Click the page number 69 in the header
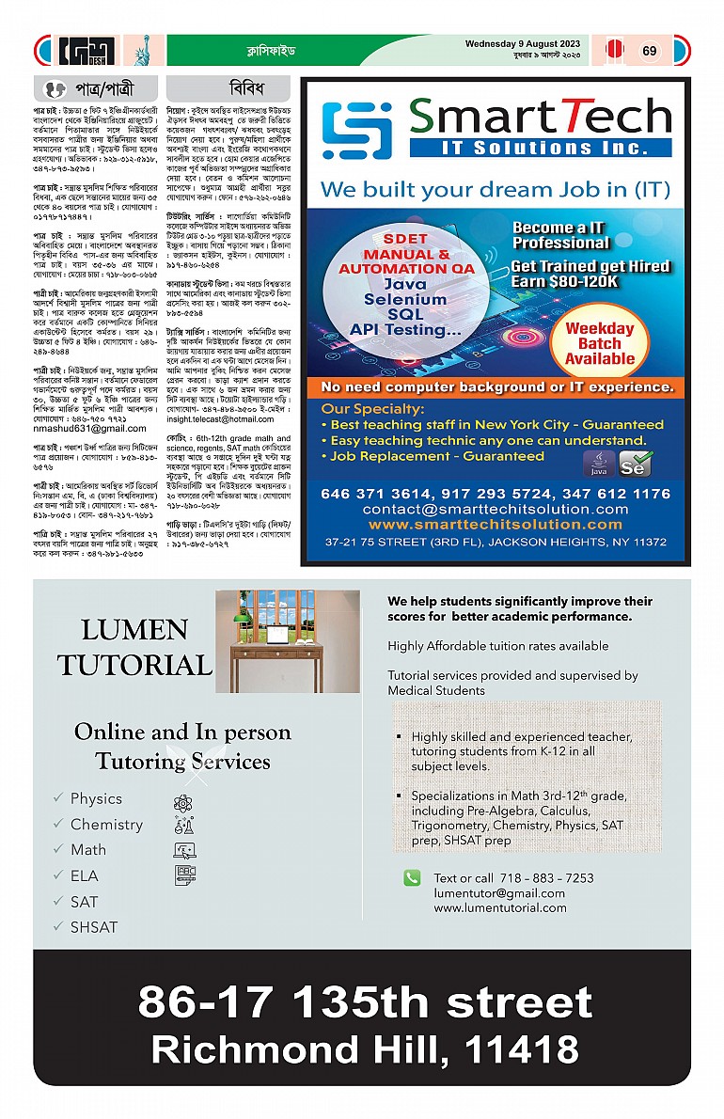pyautogui.click(x=650, y=51)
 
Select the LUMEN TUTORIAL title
pyautogui.click(x=134, y=648)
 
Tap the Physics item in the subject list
pyautogui.click(x=96, y=798)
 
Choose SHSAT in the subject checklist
pyautogui.click(x=94, y=927)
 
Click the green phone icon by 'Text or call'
pyautogui.click(x=412, y=877)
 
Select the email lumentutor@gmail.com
pyautogui.click(x=498, y=893)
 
